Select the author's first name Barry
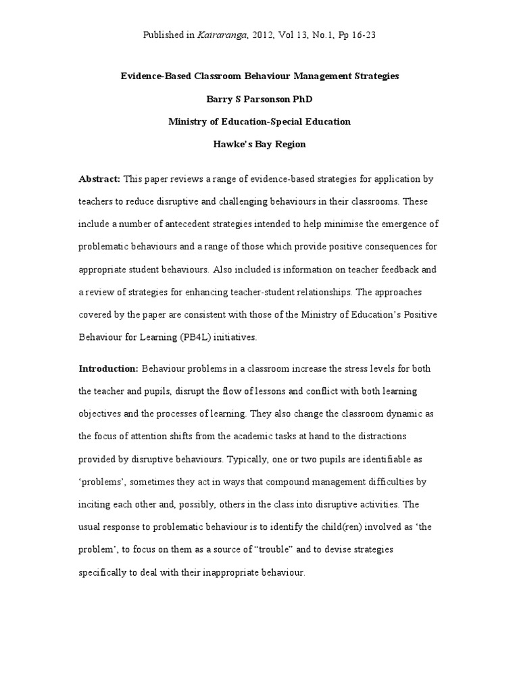tap(219, 99)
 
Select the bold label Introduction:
tap(109, 368)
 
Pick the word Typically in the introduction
tap(264, 458)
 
